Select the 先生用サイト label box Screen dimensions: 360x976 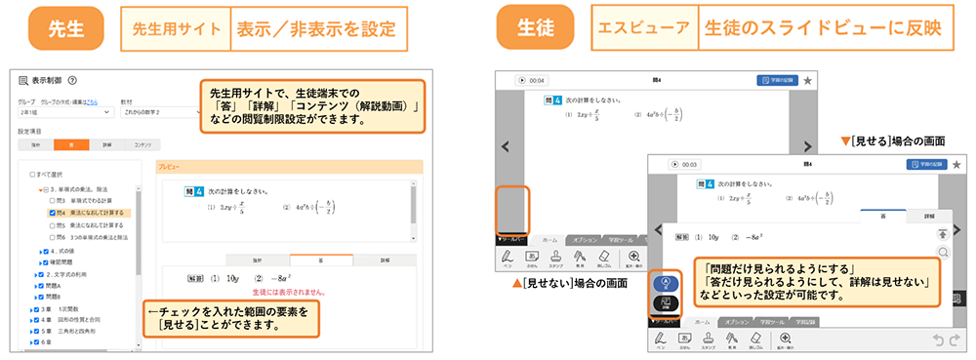176,29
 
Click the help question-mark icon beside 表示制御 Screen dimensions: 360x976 72,81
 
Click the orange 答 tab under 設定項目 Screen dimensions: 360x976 70,143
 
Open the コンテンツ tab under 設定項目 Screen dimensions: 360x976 142,143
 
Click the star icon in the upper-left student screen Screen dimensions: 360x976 807,81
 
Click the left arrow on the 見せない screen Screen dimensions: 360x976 505,147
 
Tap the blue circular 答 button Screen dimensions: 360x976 667,283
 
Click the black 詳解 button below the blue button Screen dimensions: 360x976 667,302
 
